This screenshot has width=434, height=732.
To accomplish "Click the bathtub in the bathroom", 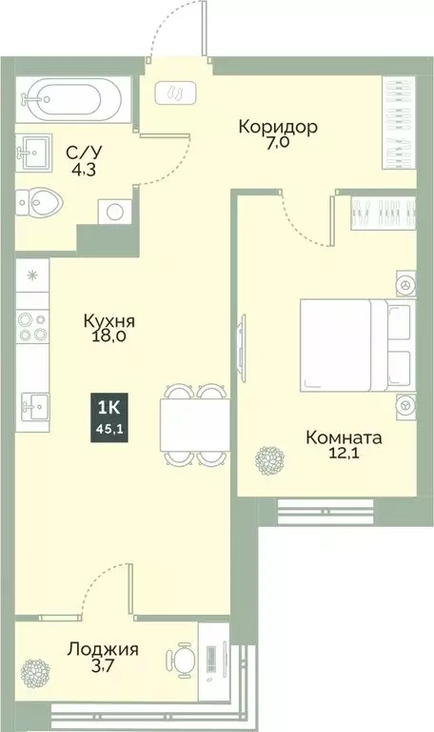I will tap(71, 96).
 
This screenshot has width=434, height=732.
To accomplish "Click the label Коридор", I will tap(278, 127).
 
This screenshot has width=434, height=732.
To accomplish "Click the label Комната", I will tap(344, 438).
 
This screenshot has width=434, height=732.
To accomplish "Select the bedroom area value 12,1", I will tap(344, 457).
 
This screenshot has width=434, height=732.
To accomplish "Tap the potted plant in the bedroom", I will tap(267, 459).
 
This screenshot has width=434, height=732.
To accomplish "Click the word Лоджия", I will tap(103, 650).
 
